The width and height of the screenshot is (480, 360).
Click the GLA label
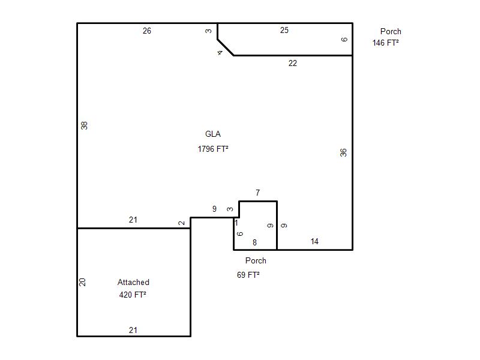(213, 134)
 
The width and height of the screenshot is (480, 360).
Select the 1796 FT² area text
(213, 149)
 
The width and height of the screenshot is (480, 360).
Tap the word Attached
(133, 282)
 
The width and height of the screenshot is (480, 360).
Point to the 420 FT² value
(133, 295)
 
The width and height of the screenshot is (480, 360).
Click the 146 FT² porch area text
(385, 43)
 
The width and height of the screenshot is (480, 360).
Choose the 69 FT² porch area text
(248, 275)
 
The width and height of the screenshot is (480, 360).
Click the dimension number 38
(84, 125)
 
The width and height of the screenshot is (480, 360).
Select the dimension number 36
(343, 152)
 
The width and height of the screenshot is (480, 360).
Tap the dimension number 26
(147, 31)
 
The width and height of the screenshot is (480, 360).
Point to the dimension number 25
(284, 30)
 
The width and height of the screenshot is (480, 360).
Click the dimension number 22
(293, 63)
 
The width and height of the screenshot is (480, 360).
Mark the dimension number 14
(314, 242)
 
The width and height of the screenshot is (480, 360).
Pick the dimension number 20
(82, 282)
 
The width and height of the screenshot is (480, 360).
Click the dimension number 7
(258, 193)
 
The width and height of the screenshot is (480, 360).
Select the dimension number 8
(254, 242)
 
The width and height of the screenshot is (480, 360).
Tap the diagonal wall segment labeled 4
(226, 47)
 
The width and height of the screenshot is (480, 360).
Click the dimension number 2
(182, 223)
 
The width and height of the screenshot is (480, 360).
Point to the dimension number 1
(236, 223)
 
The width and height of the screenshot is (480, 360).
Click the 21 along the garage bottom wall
(133, 330)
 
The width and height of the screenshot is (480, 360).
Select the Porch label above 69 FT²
(256, 260)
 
